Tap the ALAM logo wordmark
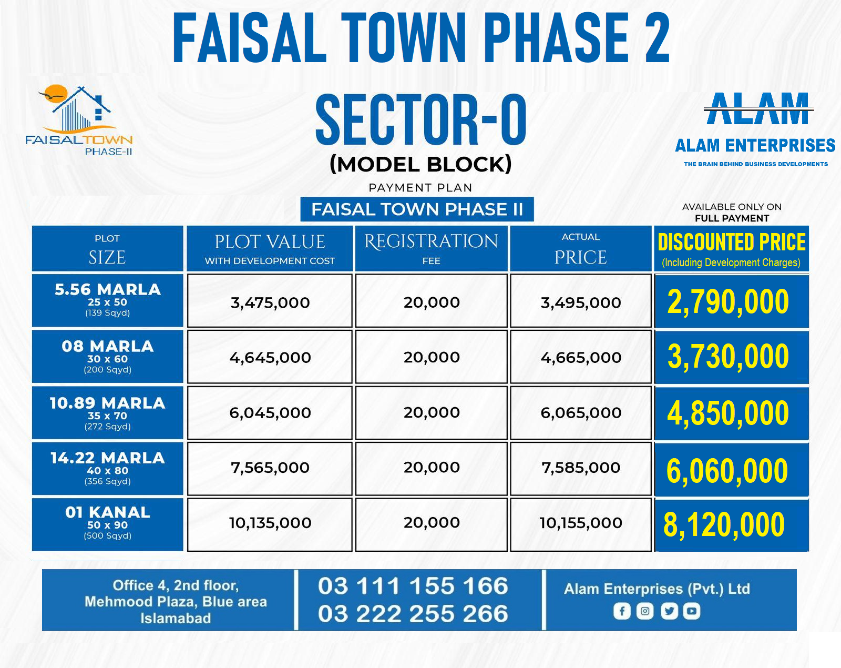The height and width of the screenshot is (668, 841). [x=757, y=109]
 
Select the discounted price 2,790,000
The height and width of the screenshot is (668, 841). [x=728, y=302]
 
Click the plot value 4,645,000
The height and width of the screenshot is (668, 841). [x=270, y=358]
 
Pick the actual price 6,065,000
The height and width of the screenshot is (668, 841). [x=581, y=413]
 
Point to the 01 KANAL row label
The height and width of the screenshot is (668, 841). [x=108, y=523]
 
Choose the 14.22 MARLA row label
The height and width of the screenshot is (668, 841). [x=108, y=468]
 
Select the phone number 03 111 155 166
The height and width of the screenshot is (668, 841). [x=413, y=586]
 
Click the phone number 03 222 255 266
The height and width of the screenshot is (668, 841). [x=413, y=614]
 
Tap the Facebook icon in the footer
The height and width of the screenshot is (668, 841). [x=622, y=611]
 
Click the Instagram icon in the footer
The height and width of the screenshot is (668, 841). [x=645, y=611]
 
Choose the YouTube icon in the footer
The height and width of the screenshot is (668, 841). [x=692, y=611]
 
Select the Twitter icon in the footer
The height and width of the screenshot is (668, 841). [x=669, y=611]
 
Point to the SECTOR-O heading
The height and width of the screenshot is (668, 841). [x=420, y=120]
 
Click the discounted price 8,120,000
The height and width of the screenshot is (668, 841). [x=724, y=525]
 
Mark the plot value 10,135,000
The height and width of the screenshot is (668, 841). [x=270, y=523]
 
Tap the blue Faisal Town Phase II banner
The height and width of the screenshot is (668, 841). [x=417, y=209]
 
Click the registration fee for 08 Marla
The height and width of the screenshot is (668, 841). [x=432, y=358]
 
